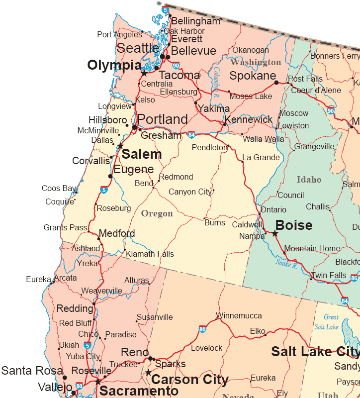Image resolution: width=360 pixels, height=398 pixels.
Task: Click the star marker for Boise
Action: [x=274, y=233]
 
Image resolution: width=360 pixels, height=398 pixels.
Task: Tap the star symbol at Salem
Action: [x=120, y=146]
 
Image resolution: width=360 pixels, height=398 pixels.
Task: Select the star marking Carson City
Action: [x=148, y=372]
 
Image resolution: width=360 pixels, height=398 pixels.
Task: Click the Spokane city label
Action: [x=253, y=76]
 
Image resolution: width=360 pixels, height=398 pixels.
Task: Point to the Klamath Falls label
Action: [x=150, y=254]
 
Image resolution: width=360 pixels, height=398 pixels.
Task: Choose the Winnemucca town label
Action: [x=239, y=316]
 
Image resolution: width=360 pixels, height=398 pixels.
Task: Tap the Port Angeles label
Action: [x=119, y=34]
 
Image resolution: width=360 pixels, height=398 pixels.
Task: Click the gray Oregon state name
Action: [x=157, y=213]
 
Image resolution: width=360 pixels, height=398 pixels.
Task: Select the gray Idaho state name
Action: [x=309, y=180]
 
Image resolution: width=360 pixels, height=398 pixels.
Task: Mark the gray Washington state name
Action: [x=256, y=62]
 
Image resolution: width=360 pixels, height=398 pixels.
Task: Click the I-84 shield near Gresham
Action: [x=191, y=135]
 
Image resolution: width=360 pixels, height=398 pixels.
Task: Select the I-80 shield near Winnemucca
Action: [x=202, y=329]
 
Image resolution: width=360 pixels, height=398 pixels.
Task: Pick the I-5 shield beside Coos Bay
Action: [x=103, y=190]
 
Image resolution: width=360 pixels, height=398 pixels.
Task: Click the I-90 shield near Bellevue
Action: [x=176, y=65]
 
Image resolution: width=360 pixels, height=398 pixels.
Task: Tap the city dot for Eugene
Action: [x=110, y=176]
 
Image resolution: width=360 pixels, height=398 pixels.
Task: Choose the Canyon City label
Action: [x=190, y=192]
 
